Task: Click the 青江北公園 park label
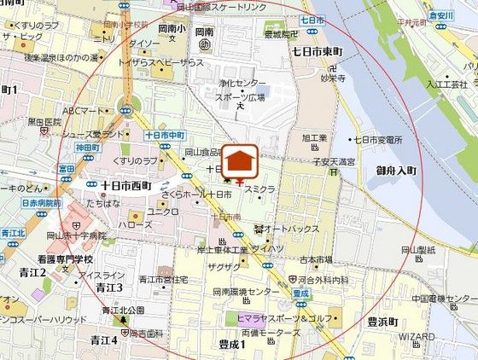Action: click(x=123, y=309)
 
